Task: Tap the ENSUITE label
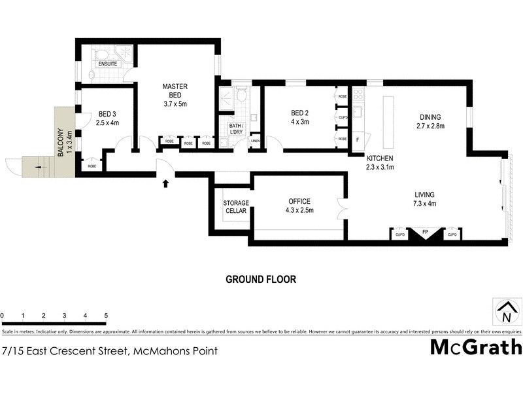point(107,64)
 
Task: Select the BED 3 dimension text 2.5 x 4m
point(107,122)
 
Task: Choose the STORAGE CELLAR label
point(236,207)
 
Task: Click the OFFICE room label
point(297,201)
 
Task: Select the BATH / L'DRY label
point(236,129)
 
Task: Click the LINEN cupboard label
point(255,141)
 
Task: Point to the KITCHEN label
point(379,159)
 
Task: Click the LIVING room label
point(424,195)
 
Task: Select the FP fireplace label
point(425,233)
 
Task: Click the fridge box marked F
point(358,140)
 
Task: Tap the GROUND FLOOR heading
point(261,279)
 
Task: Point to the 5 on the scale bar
point(106,316)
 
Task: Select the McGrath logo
point(475,347)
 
